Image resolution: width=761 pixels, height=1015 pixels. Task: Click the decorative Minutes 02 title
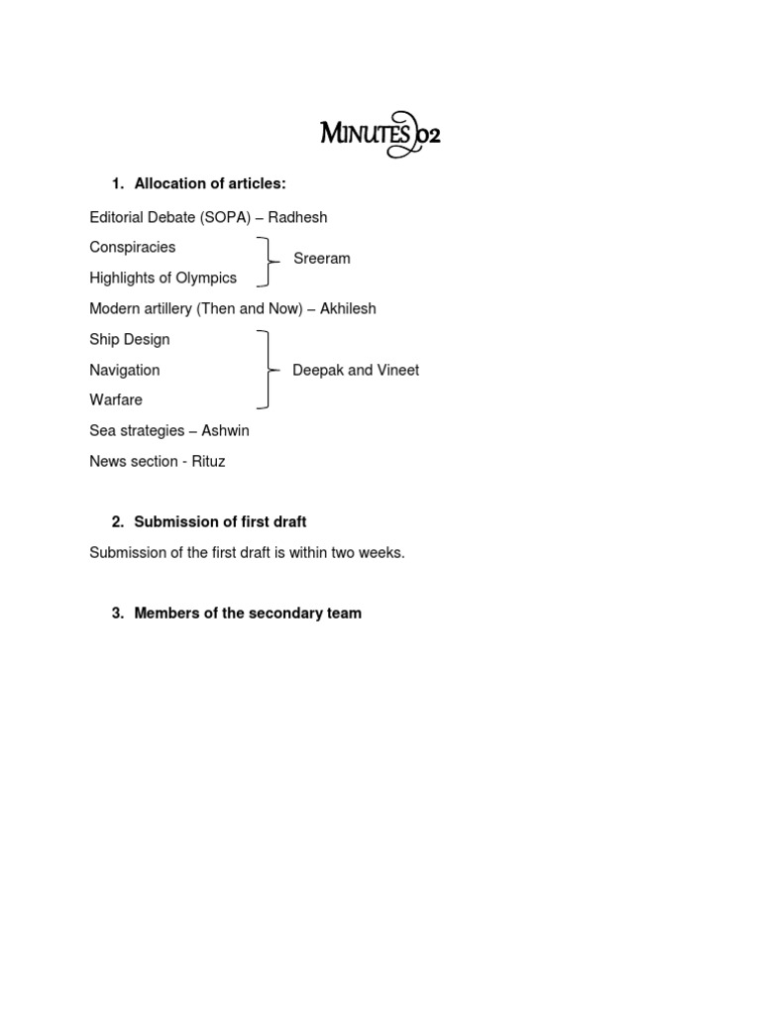(380, 134)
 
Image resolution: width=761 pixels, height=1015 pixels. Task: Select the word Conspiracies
(133, 247)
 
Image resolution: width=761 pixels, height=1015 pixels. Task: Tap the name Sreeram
(322, 259)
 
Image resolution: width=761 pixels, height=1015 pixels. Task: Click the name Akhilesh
(348, 309)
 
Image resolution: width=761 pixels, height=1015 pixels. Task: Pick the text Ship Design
(130, 340)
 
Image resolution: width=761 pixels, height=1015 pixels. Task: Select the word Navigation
(125, 370)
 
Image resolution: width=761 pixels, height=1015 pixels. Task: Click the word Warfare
(116, 400)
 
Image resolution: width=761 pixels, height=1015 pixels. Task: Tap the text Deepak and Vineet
(356, 371)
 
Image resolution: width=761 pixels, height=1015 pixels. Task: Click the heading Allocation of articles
(210, 183)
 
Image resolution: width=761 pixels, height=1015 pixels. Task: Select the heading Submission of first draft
(220, 522)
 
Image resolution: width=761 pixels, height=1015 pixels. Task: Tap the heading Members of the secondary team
(248, 614)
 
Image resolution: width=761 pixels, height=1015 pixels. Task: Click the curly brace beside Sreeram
(266, 262)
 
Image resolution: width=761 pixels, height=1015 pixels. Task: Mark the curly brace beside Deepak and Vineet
(267, 370)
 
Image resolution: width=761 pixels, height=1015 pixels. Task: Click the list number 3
(117, 614)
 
